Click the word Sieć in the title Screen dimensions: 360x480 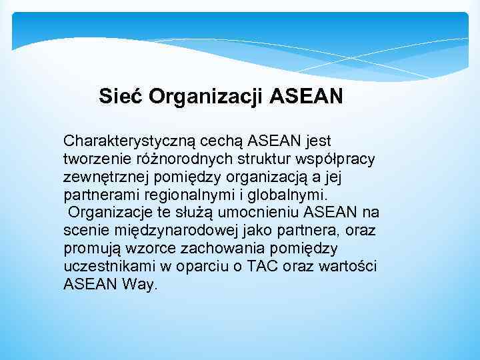click(121, 97)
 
